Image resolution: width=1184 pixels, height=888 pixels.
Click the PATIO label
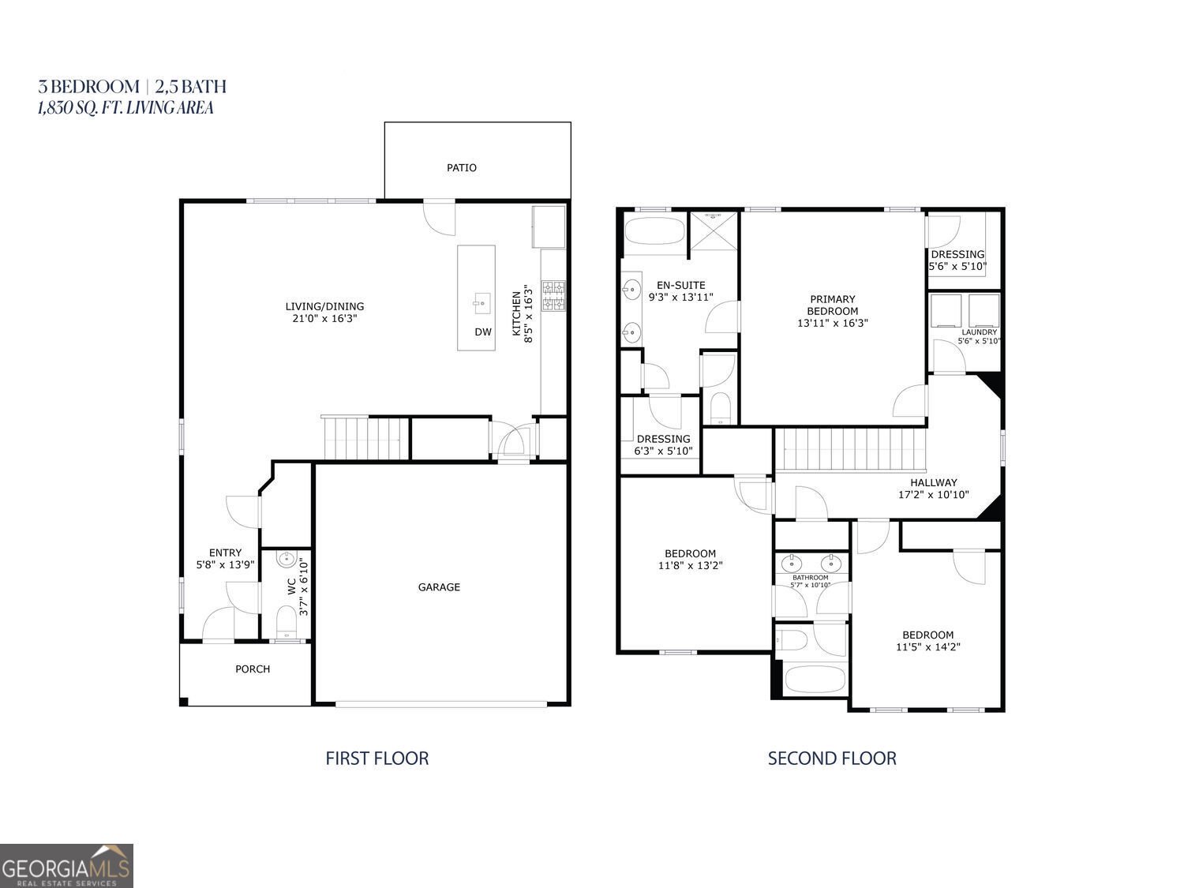click(461, 167)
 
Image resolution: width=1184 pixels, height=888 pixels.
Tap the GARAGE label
click(439, 587)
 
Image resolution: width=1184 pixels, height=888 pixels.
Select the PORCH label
click(253, 669)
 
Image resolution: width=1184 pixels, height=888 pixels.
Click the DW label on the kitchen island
click(483, 332)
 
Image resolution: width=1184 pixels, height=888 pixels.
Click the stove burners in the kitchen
click(553, 294)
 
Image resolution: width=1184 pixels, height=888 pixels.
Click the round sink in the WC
click(286, 560)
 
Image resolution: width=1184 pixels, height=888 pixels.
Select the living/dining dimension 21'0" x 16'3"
click(324, 319)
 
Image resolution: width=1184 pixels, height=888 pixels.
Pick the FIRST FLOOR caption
click(377, 759)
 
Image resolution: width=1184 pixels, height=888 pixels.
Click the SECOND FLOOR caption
click(832, 759)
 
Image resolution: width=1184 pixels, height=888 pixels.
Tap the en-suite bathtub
click(654, 234)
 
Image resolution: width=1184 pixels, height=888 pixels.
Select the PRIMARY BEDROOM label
click(832, 305)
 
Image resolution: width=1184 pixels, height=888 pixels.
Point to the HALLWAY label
click(933, 482)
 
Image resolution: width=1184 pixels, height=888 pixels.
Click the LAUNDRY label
click(979, 332)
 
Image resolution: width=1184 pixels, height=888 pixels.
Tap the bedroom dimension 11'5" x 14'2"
click(927, 647)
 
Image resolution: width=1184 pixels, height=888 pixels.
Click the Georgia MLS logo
click(66, 866)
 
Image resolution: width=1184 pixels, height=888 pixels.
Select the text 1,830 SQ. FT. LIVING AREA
click(126, 108)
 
